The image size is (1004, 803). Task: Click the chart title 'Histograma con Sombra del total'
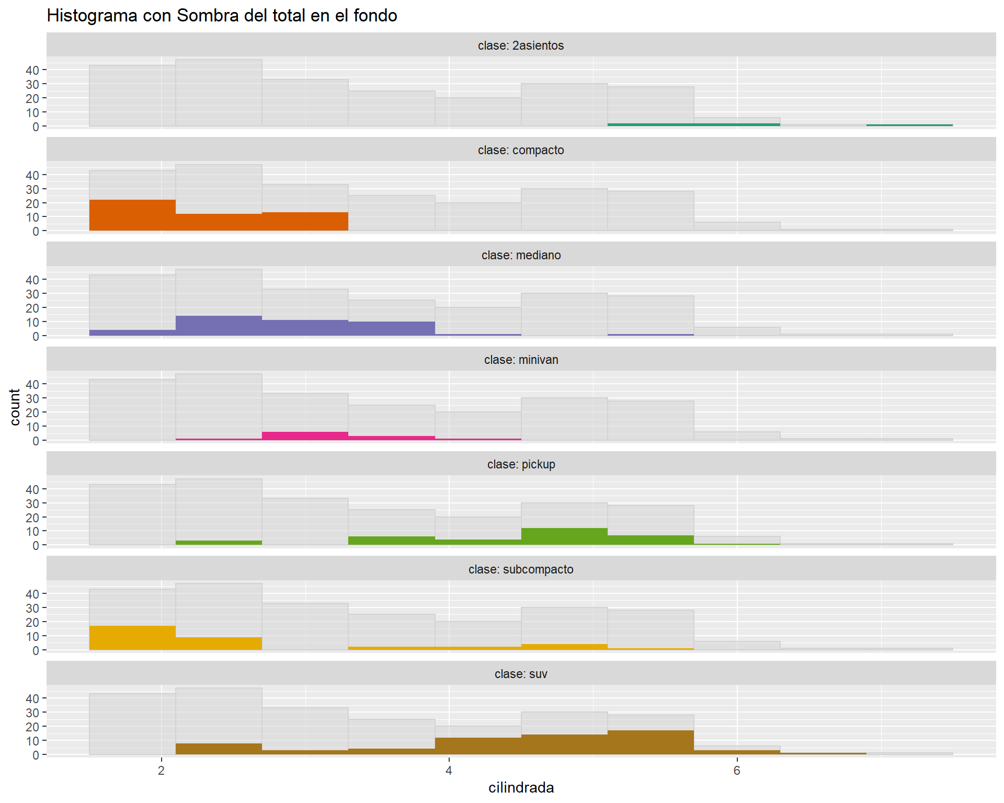[222, 16]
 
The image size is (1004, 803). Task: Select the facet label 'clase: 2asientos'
[521, 45]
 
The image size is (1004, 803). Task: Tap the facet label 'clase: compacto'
[521, 150]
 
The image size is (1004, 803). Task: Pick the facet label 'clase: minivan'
[521, 360]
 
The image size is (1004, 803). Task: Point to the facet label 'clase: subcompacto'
[521, 569]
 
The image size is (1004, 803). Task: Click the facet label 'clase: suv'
[521, 674]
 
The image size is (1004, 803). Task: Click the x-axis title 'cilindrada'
[521, 787]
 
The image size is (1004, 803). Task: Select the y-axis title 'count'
[15, 407]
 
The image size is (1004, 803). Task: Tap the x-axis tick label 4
[449, 771]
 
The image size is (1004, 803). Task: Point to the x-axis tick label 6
[737, 771]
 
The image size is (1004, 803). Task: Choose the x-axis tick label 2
[161, 771]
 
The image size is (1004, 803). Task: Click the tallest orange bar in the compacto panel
[132, 215]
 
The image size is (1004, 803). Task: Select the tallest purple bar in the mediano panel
[219, 326]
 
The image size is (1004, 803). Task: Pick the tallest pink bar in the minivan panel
[305, 436]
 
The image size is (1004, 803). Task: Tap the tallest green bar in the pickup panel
[564, 536]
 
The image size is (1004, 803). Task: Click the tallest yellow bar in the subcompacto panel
[132, 638]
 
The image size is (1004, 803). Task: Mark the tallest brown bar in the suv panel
[651, 742]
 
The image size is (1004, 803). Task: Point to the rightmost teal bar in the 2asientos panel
[909, 125]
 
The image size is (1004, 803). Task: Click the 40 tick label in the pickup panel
[32, 489]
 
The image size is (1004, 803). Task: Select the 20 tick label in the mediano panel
[32, 308]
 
